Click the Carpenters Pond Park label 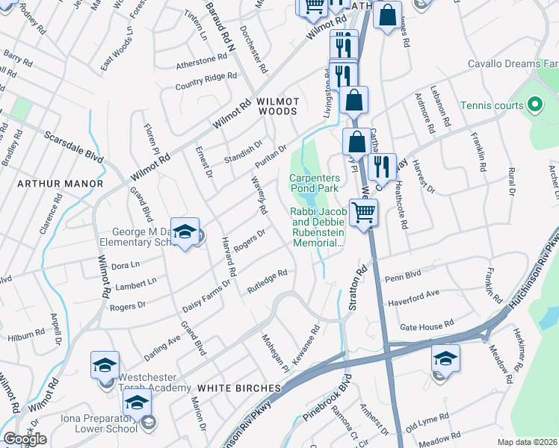[315, 184]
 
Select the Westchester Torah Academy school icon [105, 365]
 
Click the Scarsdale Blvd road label [73, 146]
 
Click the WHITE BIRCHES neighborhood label [239, 388]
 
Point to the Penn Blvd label [404, 278]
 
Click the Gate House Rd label [427, 326]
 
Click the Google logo [25, 439]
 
